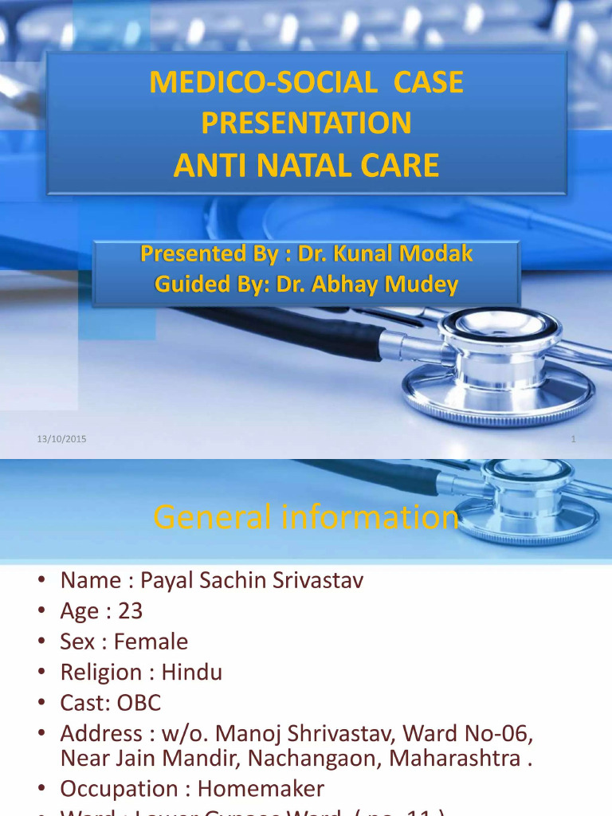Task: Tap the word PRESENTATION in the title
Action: (306, 123)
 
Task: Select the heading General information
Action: (306, 518)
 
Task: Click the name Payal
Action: (163, 580)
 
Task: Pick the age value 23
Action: (131, 611)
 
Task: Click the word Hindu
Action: (192, 673)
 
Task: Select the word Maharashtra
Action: (455, 757)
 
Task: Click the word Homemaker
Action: (261, 788)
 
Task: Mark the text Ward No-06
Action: (477, 733)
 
